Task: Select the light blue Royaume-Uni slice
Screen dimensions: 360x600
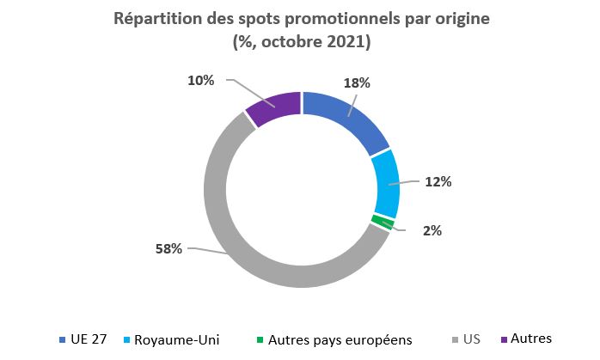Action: click(x=385, y=184)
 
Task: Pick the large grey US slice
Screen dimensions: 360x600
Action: click(x=232, y=232)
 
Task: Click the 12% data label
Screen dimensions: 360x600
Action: click(x=438, y=182)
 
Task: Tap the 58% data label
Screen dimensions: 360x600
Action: click(x=169, y=249)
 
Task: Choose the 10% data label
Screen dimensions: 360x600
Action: click(x=201, y=80)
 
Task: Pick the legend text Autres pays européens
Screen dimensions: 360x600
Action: click(x=340, y=339)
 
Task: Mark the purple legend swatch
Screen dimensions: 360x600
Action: click(x=503, y=340)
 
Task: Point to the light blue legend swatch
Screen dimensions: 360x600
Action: click(x=127, y=340)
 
